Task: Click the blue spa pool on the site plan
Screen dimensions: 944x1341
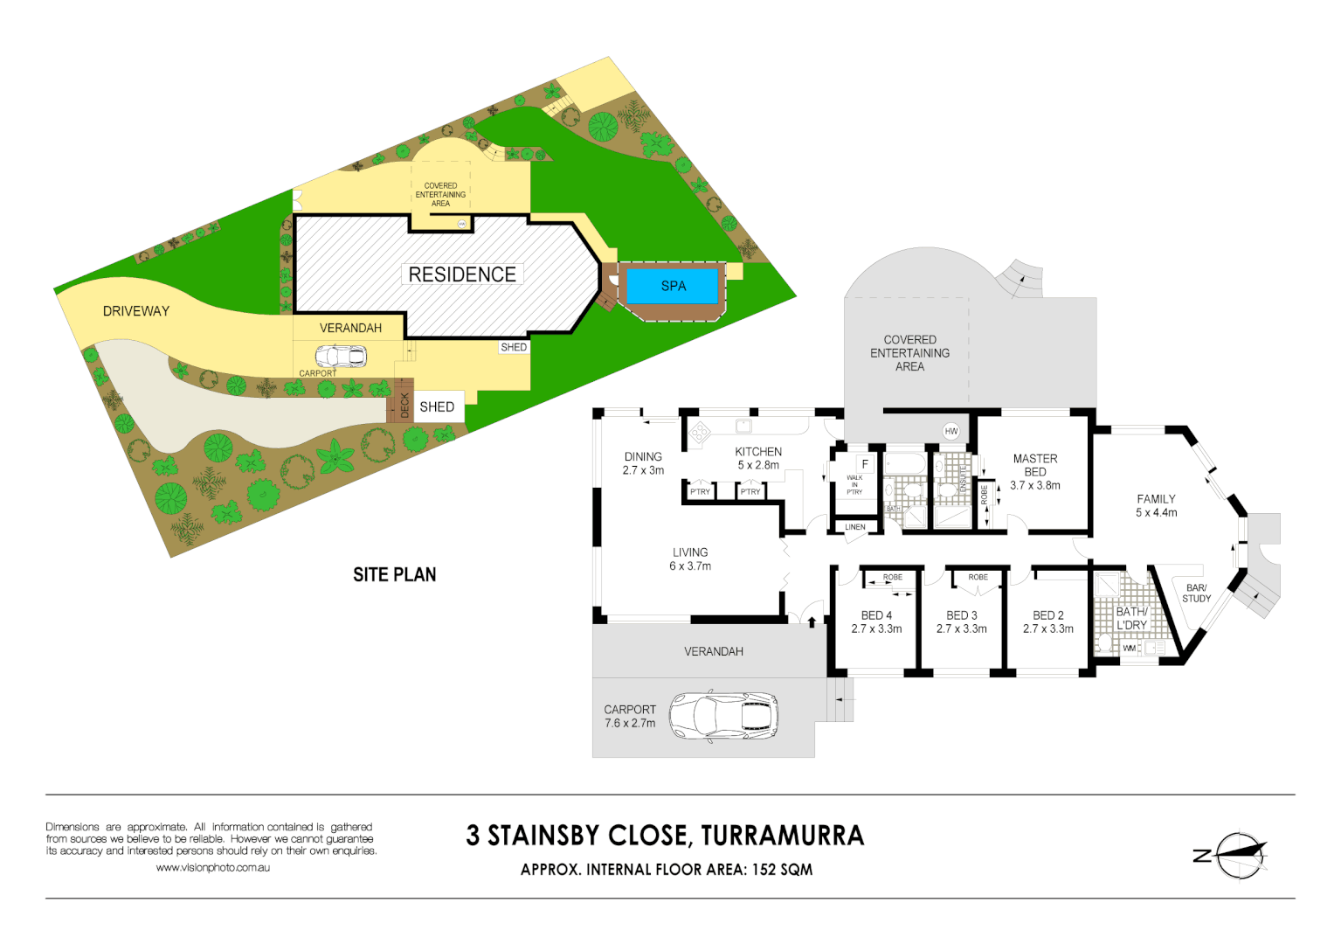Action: pyautogui.click(x=673, y=286)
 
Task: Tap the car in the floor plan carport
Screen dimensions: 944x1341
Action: pyautogui.click(x=724, y=716)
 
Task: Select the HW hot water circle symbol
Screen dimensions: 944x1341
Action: pyautogui.click(x=951, y=431)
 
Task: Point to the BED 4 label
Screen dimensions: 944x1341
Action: pyautogui.click(x=876, y=621)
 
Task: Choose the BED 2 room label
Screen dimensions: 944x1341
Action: pyautogui.click(x=1048, y=621)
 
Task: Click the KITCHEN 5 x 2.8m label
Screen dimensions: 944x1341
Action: pyautogui.click(x=758, y=458)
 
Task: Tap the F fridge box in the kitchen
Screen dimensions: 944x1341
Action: pyautogui.click(x=865, y=464)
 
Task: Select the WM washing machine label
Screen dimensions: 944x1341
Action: pyautogui.click(x=1129, y=648)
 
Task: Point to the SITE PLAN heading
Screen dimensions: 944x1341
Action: pyautogui.click(x=394, y=574)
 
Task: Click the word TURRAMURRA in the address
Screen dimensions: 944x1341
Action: pyautogui.click(x=782, y=836)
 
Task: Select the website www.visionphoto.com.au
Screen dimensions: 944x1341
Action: pyautogui.click(x=213, y=868)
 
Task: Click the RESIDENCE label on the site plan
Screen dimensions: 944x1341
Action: pyautogui.click(x=462, y=274)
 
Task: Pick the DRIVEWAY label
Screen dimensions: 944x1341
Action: pyautogui.click(x=136, y=311)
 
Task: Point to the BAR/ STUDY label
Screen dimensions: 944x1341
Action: pyautogui.click(x=1196, y=593)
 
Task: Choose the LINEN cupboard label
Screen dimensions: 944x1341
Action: pyautogui.click(x=855, y=527)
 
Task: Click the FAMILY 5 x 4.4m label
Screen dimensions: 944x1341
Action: pyautogui.click(x=1156, y=505)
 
